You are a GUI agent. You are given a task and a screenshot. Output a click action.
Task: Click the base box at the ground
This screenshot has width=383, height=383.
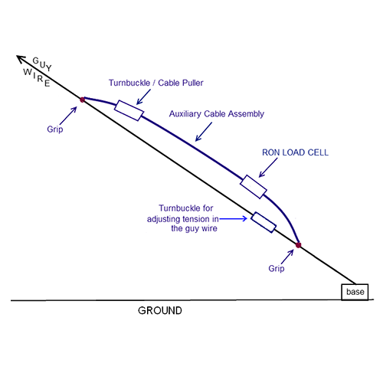click(355, 292)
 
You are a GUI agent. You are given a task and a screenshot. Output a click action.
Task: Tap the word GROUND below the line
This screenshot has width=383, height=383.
click(160, 310)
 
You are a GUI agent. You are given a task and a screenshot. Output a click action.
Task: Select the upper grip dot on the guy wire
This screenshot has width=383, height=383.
click(82, 100)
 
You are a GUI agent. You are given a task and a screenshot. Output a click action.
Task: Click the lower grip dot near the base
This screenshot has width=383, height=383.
click(298, 245)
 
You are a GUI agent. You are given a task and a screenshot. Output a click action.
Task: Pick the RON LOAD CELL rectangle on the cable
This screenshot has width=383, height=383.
click(254, 187)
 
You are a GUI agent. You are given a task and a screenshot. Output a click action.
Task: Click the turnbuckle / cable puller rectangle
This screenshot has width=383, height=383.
click(129, 110)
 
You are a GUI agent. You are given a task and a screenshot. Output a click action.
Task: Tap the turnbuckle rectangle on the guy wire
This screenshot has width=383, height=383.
click(264, 222)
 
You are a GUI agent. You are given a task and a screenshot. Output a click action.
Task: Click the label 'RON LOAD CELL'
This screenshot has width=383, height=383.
click(295, 152)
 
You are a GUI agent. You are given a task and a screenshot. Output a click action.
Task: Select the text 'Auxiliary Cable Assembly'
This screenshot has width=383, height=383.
click(217, 114)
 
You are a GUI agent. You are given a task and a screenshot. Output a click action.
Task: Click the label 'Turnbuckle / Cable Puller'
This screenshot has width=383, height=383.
click(156, 83)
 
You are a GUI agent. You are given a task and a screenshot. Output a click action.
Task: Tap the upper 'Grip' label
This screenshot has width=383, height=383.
click(55, 129)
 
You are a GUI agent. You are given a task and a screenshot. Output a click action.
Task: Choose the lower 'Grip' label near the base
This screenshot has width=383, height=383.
click(277, 268)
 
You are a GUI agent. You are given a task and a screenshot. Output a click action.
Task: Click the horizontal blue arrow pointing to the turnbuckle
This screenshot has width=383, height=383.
click(233, 218)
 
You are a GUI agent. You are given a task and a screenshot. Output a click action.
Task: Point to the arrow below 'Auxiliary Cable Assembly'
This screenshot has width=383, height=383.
click(204, 132)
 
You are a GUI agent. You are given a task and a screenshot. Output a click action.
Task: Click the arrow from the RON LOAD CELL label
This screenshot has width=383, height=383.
click(268, 168)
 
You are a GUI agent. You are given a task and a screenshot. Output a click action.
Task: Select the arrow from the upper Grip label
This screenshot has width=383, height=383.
click(68, 116)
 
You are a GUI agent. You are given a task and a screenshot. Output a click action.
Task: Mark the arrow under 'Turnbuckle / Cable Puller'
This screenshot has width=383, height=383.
click(143, 97)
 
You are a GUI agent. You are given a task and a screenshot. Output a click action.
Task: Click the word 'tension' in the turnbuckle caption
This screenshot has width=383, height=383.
click(196, 219)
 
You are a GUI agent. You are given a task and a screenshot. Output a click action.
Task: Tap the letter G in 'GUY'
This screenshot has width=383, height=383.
click(36, 61)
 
